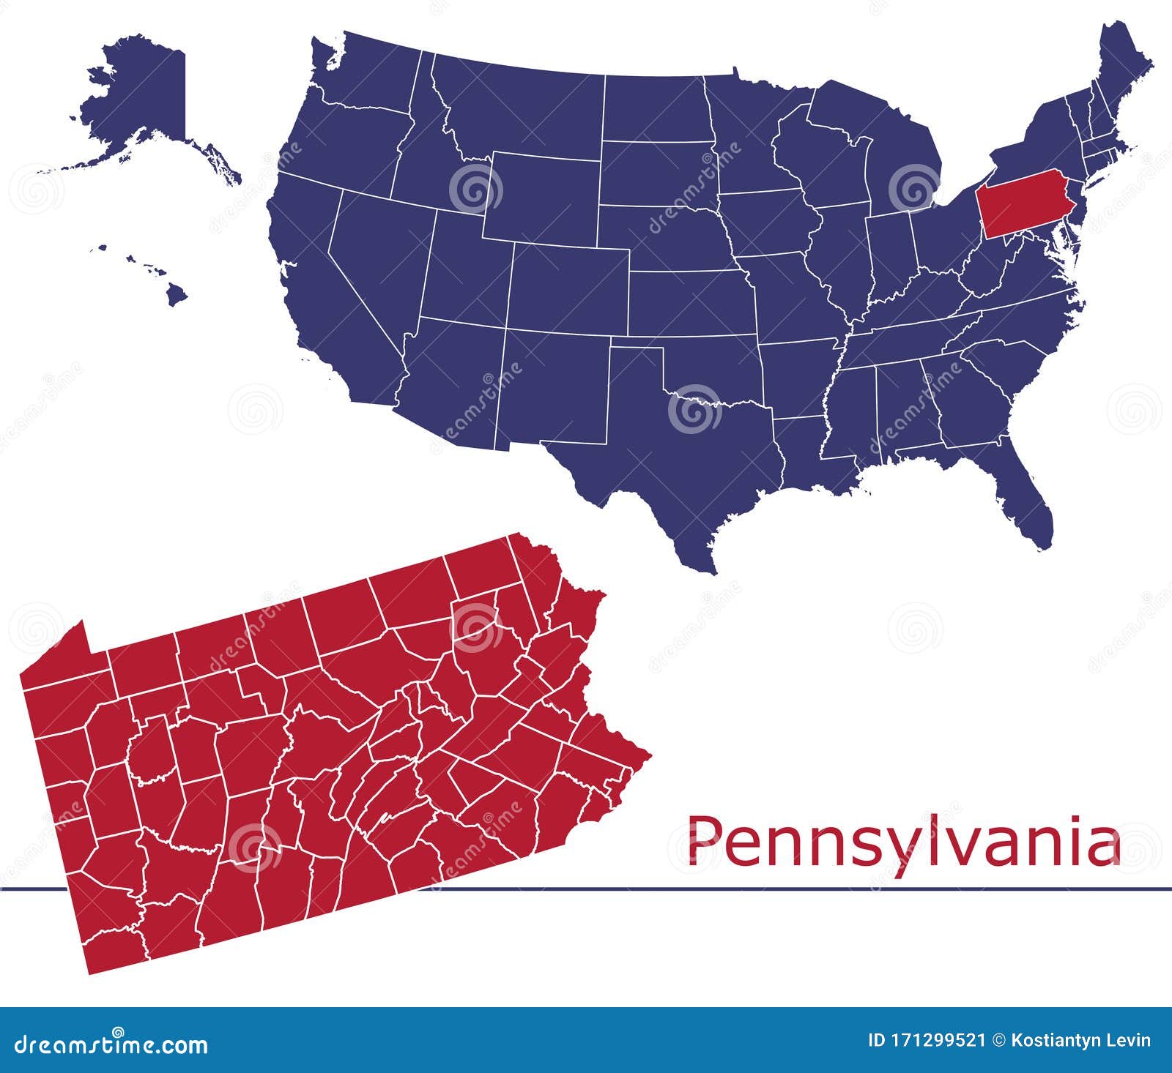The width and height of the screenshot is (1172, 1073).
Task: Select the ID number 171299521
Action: click(927, 1040)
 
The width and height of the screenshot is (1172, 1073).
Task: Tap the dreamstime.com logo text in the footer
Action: click(111, 1043)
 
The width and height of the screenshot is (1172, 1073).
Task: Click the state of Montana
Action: click(520, 110)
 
